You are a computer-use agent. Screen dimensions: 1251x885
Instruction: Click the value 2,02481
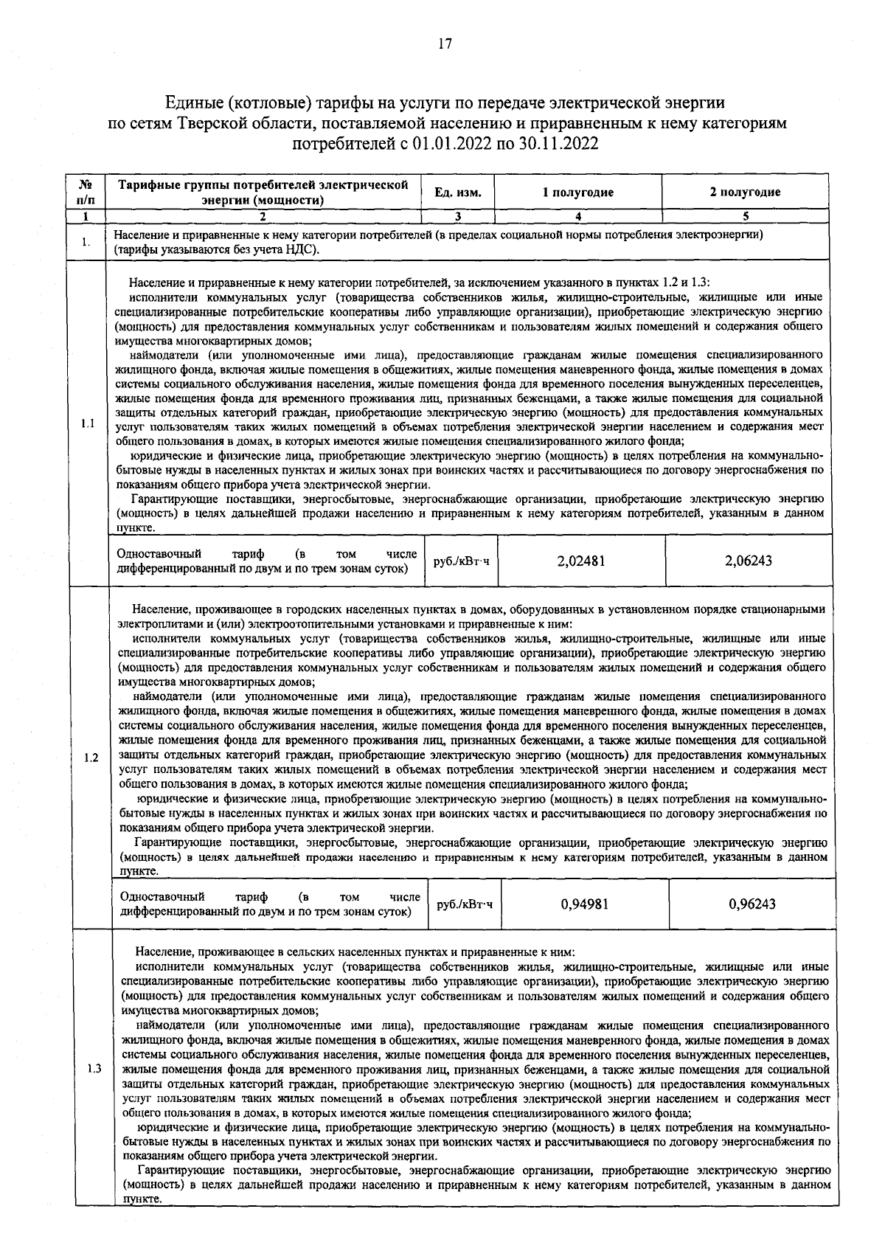point(581,561)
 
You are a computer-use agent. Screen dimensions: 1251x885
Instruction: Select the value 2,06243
point(748,561)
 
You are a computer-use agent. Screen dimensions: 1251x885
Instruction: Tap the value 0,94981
point(584,904)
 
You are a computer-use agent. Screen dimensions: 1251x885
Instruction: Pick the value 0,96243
point(752,904)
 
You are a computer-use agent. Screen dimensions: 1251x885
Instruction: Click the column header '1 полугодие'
point(578,193)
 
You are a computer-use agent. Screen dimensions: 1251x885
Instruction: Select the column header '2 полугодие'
point(745,193)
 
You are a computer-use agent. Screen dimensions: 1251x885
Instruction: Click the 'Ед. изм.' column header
point(458,193)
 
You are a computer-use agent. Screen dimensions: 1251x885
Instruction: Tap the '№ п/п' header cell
point(86,193)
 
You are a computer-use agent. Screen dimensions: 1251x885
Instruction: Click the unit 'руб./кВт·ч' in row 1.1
point(461,562)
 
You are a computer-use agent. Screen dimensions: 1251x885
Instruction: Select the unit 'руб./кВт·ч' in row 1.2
point(465,905)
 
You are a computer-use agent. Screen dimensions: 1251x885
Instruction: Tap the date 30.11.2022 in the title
point(555,143)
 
